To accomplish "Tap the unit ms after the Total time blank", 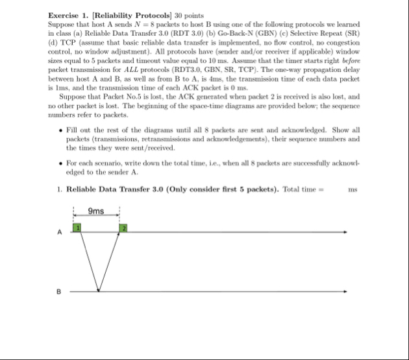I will pos(353,189).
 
